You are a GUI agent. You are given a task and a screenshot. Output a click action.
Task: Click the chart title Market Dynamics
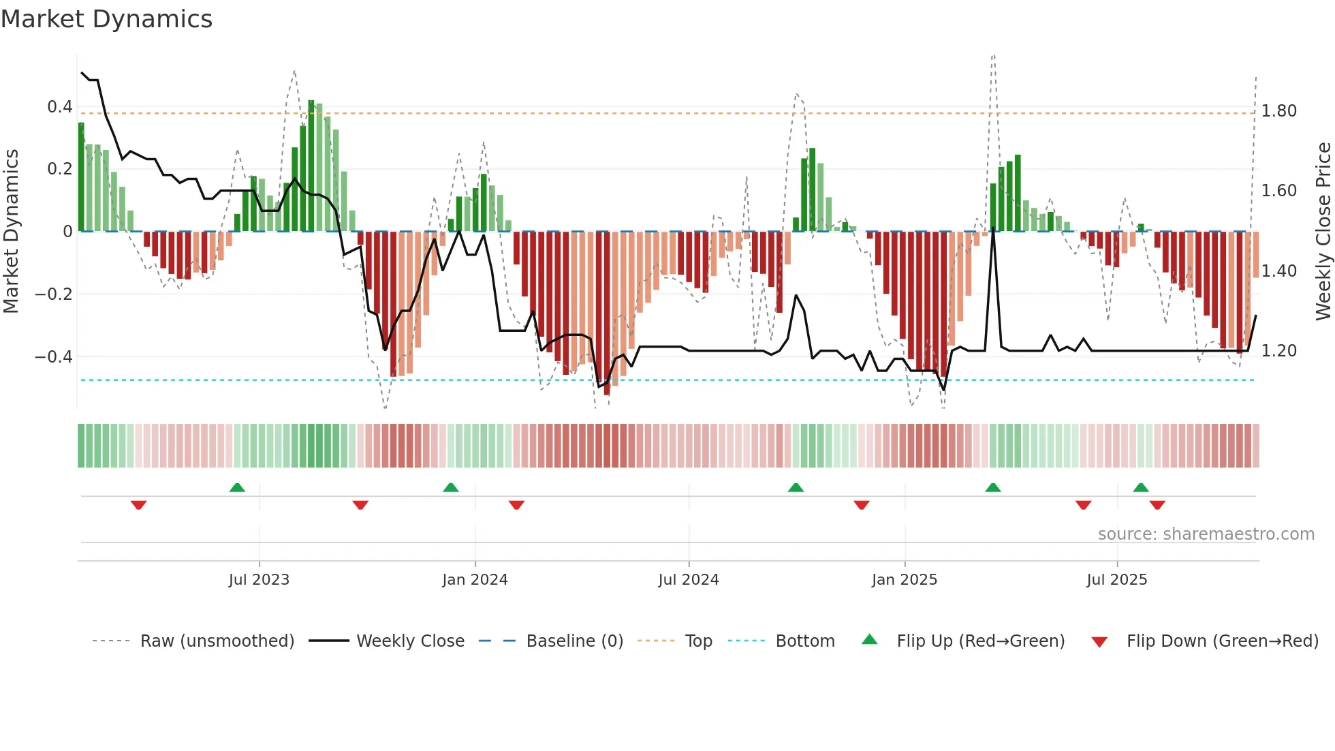pos(106,19)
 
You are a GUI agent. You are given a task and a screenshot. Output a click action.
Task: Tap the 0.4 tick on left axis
pos(60,107)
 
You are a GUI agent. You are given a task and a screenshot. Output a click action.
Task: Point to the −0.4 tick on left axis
pos(54,356)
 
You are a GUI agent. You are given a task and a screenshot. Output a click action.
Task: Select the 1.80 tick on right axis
pos(1278,111)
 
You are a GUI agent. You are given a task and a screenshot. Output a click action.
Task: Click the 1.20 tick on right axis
pos(1278,351)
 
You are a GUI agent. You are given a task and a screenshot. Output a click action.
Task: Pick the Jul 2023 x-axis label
pos(259,580)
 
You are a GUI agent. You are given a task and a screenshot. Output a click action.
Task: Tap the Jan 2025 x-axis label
pos(904,580)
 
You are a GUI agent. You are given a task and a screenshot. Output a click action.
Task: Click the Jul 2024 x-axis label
pos(688,580)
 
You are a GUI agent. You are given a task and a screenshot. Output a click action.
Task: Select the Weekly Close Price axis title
pos(1323,232)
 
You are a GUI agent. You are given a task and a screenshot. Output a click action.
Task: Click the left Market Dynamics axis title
pos(11,232)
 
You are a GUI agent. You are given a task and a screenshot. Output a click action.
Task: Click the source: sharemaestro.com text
pos(1206,534)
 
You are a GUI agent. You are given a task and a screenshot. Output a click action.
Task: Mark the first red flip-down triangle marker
pos(138,505)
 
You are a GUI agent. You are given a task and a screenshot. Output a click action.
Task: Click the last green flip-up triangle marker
pos(1141,487)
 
